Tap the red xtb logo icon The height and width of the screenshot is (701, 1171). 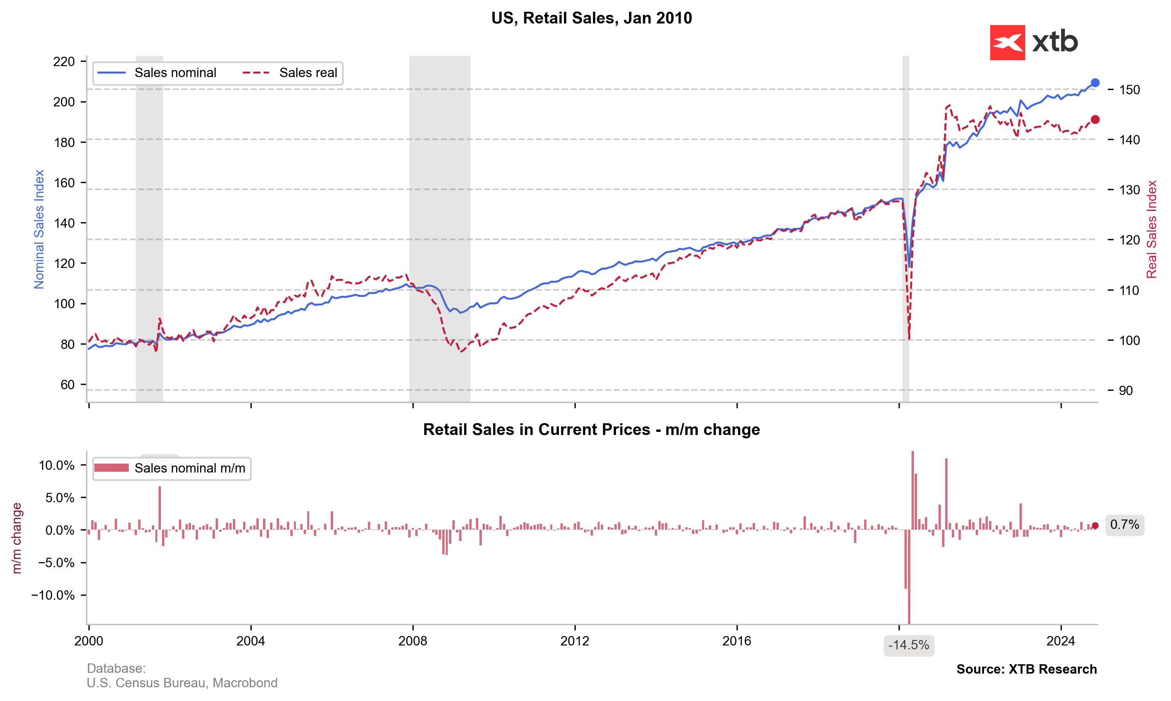(x=1007, y=43)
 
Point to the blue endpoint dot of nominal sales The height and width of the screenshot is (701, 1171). (x=1095, y=83)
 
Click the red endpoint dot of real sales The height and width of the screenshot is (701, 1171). (x=1095, y=120)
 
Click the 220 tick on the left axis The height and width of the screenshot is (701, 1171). (x=64, y=61)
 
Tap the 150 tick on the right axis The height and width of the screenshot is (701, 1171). (x=1130, y=90)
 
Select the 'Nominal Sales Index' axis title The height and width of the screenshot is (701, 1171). (x=39, y=229)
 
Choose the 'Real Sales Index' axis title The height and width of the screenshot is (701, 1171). (x=1151, y=229)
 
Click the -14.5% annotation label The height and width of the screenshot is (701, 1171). (x=908, y=645)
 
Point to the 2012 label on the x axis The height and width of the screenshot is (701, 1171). (x=575, y=641)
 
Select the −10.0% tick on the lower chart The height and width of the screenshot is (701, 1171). (x=53, y=595)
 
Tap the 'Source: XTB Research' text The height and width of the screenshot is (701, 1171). (x=1027, y=669)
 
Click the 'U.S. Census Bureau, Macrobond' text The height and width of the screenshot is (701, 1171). (x=182, y=683)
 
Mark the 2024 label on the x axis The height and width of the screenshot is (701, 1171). (x=1061, y=641)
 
